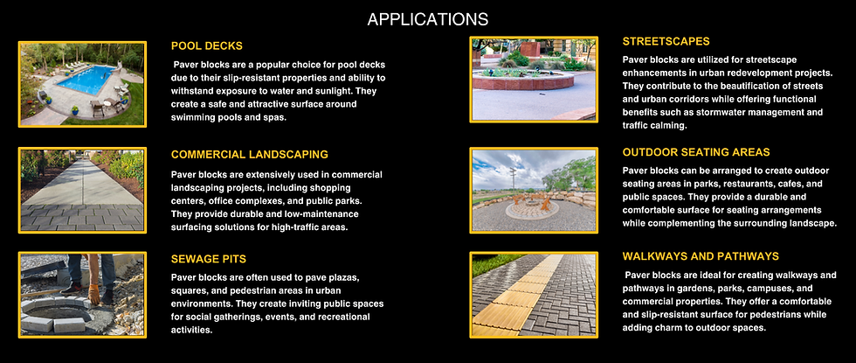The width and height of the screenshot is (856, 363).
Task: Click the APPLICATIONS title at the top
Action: (427, 19)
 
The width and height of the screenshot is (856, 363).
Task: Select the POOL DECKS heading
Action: (206, 46)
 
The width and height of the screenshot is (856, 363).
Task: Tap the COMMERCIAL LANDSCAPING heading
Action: (249, 155)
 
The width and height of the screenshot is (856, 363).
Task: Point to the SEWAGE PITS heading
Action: (208, 260)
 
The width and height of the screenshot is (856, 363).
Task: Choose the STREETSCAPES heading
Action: (666, 41)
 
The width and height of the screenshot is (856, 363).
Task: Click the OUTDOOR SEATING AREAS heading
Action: (696, 151)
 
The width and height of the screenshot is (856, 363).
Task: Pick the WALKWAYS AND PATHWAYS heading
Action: (701, 256)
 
